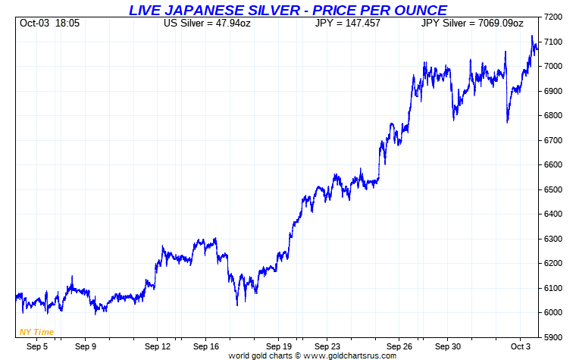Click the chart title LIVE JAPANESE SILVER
[x=288, y=10]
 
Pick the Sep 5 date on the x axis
[x=36, y=346]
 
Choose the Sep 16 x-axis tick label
[x=206, y=346]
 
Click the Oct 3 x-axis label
[x=519, y=346]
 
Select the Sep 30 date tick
[x=447, y=346]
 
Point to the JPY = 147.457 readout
[x=347, y=23]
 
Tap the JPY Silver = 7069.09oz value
[x=472, y=23]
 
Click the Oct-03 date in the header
[x=34, y=23]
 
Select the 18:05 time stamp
[x=68, y=23]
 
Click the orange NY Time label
[x=36, y=332]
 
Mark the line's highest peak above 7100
[x=532, y=36]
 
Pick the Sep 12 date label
[x=158, y=346]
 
